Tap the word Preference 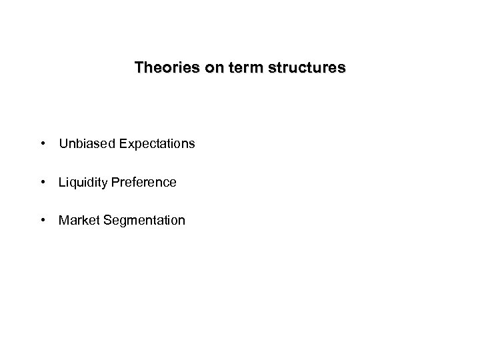click(144, 182)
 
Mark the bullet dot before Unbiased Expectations click(42, 143)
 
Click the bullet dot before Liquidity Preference click(42, 182)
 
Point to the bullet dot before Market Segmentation click(42, 220)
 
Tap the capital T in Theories click(139, 68)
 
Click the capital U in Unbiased click(63, 143)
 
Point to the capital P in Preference click(115, 182)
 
